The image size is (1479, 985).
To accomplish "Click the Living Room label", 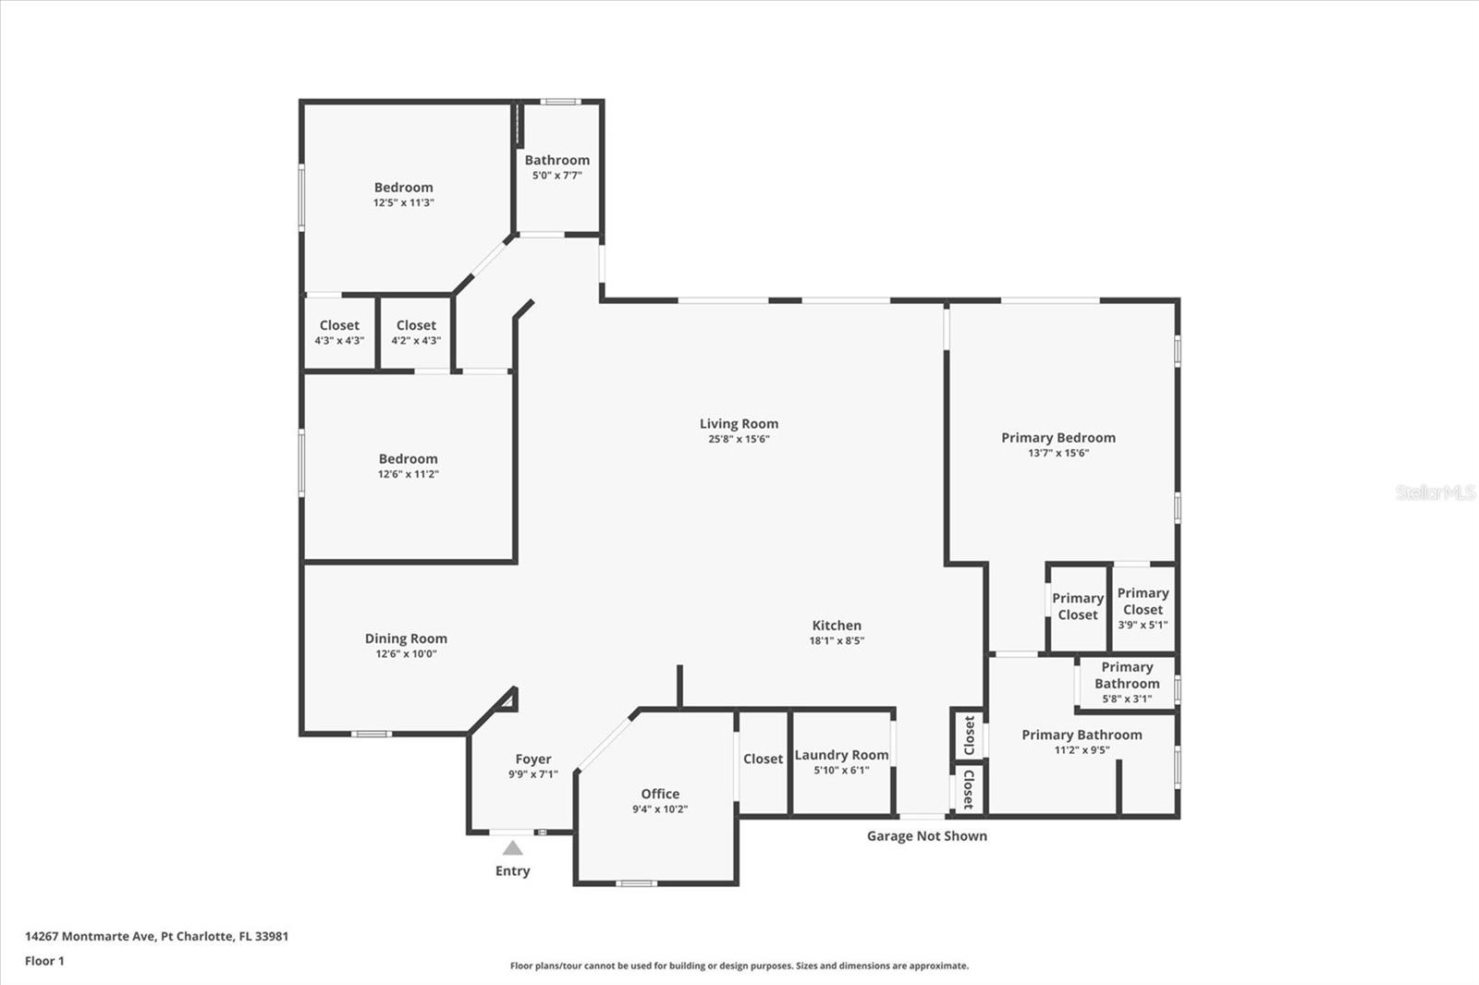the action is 739,424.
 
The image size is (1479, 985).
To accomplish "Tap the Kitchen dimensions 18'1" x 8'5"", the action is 837,640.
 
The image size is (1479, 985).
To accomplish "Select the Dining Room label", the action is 406,638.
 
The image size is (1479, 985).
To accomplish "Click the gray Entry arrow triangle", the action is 512,847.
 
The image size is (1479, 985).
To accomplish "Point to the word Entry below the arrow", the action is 512,870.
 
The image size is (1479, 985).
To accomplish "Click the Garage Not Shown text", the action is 927,836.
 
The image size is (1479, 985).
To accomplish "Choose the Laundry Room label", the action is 841,755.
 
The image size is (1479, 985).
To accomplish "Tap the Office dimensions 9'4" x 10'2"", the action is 660,809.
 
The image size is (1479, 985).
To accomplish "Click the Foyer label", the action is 532,760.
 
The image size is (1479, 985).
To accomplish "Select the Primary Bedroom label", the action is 1058,438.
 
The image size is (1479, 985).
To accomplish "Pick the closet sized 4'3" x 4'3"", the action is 339,332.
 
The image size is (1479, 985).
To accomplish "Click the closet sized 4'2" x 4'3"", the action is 416,332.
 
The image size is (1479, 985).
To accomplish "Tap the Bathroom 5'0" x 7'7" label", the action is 557,166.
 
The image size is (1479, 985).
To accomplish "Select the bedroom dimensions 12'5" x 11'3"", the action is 403,202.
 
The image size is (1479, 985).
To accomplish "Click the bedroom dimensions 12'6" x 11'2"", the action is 408,474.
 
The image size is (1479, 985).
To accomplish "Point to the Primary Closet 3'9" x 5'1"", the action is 1143,608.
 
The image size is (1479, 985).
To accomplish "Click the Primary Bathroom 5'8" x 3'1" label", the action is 1127,683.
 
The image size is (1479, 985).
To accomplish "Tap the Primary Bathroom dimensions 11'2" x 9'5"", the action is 1082,750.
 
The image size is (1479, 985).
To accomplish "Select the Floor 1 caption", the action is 45,961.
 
